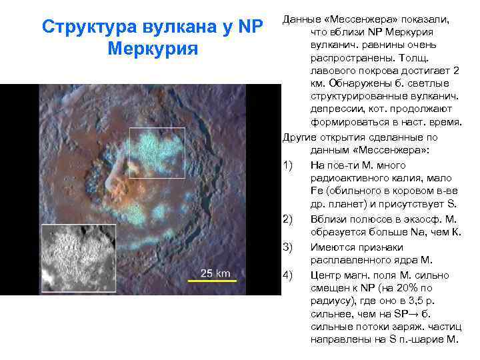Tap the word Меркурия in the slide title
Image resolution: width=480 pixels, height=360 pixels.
pyautogui.click(x=153, y=49)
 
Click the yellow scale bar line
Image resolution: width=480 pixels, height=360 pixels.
pyautogui.click(x=213, y=281)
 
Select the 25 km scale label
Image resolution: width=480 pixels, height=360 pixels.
pyautogui.click(x=215, y=273)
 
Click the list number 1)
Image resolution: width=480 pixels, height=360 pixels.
pyautogui.click(x=288, y=165)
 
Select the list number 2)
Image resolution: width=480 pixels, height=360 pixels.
pyautogui.click(x=288, y=220)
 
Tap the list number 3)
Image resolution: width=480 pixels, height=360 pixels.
pyautogui.click(x=288, y=247)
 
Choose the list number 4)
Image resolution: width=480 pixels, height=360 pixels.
pyautogui.click(x=288, y=275)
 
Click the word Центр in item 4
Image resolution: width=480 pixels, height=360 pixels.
pyautogui.click(x=326, y=275)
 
